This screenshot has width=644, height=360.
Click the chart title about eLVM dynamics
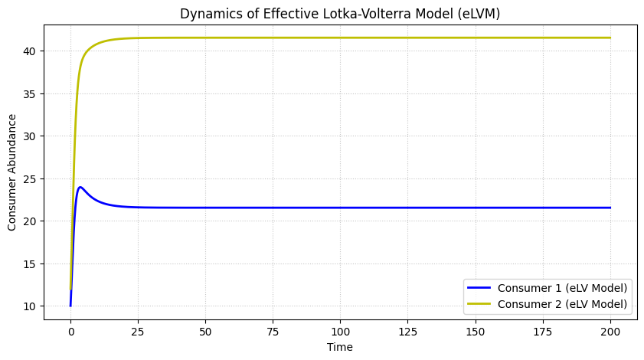341,13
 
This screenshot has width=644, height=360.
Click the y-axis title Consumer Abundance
12,172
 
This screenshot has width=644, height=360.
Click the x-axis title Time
340,347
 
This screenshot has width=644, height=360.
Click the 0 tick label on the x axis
70,332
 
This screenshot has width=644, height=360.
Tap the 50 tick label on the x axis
205,332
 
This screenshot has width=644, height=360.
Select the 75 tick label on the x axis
273,332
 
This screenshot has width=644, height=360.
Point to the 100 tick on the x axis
341,332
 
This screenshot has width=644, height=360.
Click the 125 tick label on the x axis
408,332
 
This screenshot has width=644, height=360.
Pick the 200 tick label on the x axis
610,332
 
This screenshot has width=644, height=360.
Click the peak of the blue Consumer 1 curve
80,187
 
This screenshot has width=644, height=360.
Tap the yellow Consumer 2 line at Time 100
341,38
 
